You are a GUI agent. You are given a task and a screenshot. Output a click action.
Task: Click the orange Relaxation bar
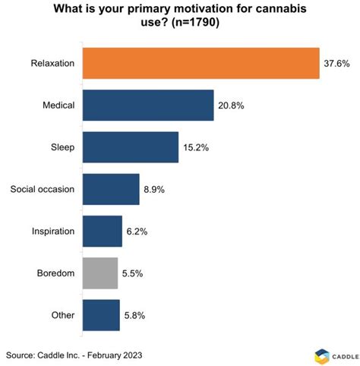201,64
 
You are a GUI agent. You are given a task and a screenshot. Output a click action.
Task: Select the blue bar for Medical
147,106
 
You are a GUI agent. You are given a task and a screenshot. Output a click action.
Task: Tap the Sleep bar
130,147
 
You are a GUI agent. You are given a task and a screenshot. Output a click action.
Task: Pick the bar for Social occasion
110,189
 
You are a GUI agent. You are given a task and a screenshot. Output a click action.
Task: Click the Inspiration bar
102,231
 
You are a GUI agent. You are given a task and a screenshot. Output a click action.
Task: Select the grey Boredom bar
99,273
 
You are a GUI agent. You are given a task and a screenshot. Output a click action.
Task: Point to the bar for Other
100,314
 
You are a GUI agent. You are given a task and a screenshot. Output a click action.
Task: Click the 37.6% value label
336,64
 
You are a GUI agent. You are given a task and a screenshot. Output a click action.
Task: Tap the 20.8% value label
231,106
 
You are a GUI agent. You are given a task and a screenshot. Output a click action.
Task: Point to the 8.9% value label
154,189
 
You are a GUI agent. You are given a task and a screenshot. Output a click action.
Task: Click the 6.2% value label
137,231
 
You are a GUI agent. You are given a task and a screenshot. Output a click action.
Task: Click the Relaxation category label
52,64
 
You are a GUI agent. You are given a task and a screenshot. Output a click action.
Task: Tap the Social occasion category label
42,189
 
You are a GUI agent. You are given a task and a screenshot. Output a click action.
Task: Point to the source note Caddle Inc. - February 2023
74,355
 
